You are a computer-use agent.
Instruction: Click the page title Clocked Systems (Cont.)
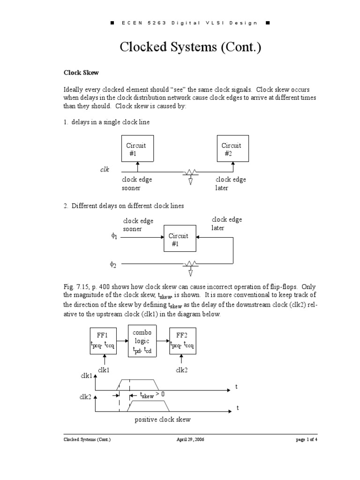tap(180, 47)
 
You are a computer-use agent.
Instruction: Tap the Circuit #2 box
tap(232, 149)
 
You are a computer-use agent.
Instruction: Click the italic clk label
tap(105, 170)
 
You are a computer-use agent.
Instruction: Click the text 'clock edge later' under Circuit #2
tap(231, 184)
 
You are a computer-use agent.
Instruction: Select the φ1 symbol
tap(114, 236)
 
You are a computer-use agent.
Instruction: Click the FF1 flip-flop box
tap(103, 341)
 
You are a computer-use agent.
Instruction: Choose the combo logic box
tap(142, 341)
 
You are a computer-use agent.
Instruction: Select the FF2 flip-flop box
tap(182, 341)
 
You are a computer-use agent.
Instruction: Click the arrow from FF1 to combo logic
tap(123, 341)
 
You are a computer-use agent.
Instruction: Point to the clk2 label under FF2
tap(182, 370)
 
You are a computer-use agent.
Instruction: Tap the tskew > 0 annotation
tap(147, 395)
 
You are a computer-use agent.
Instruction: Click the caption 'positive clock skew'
tap(162, 420)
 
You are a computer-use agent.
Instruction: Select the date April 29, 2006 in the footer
tap(187, 440)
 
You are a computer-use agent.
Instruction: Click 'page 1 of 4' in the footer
tap(307, 440)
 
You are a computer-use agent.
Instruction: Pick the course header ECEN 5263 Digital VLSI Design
tap(180, 22)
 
